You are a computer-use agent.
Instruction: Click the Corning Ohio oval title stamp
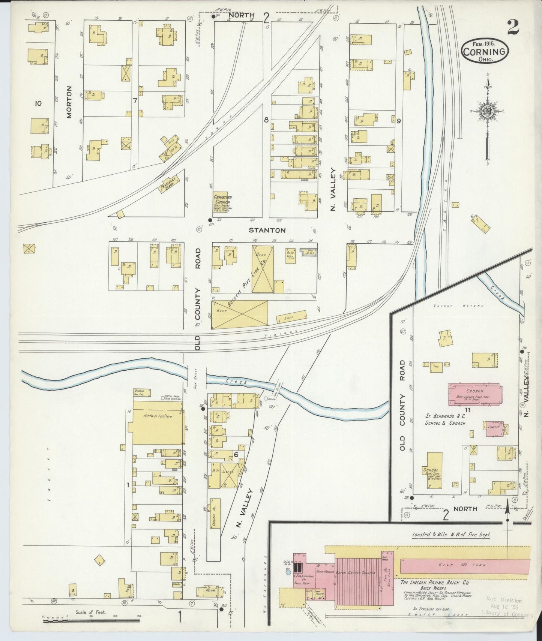[x=485, y=52]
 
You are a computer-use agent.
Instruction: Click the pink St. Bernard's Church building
[x=474, y=394]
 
